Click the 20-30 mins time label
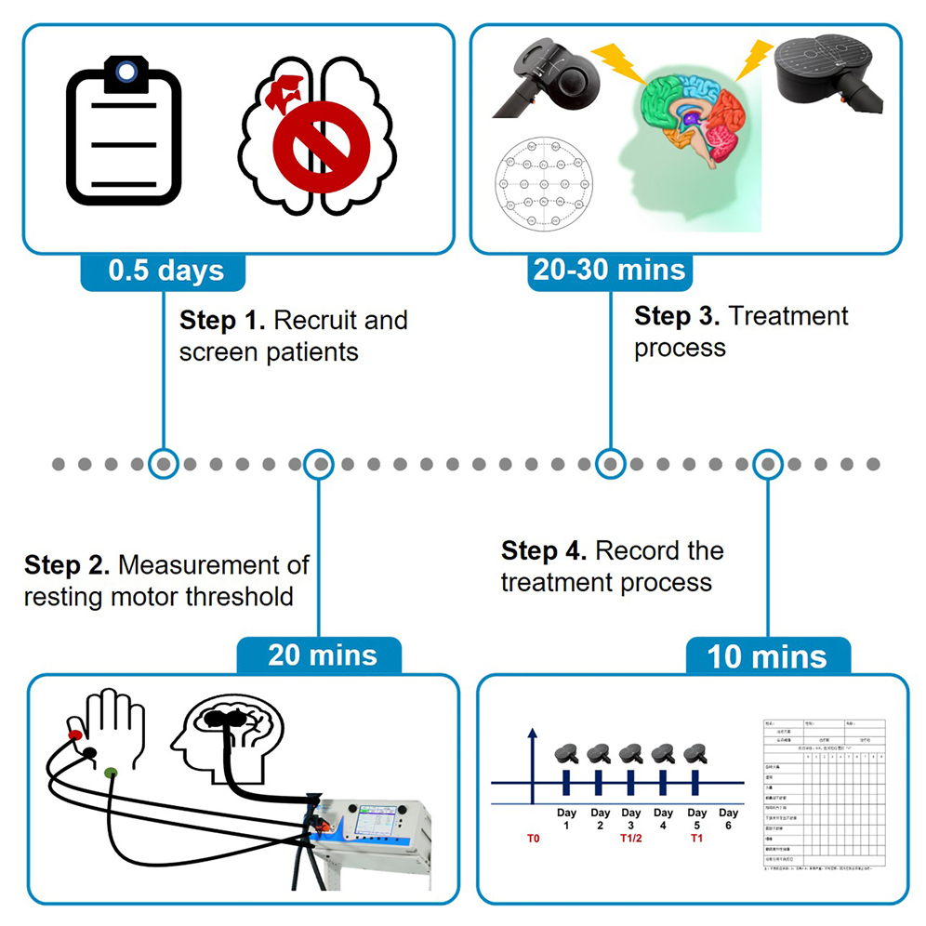coord(609,270)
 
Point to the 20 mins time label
coord(322,655)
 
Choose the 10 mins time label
coord(767,656)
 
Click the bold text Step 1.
coord(221,322)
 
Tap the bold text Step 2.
coord(67,565)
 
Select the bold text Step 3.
coord(677,316)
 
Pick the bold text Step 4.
coord(544,551)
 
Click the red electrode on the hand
coord(73,734)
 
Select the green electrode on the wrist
coord(111,771)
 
